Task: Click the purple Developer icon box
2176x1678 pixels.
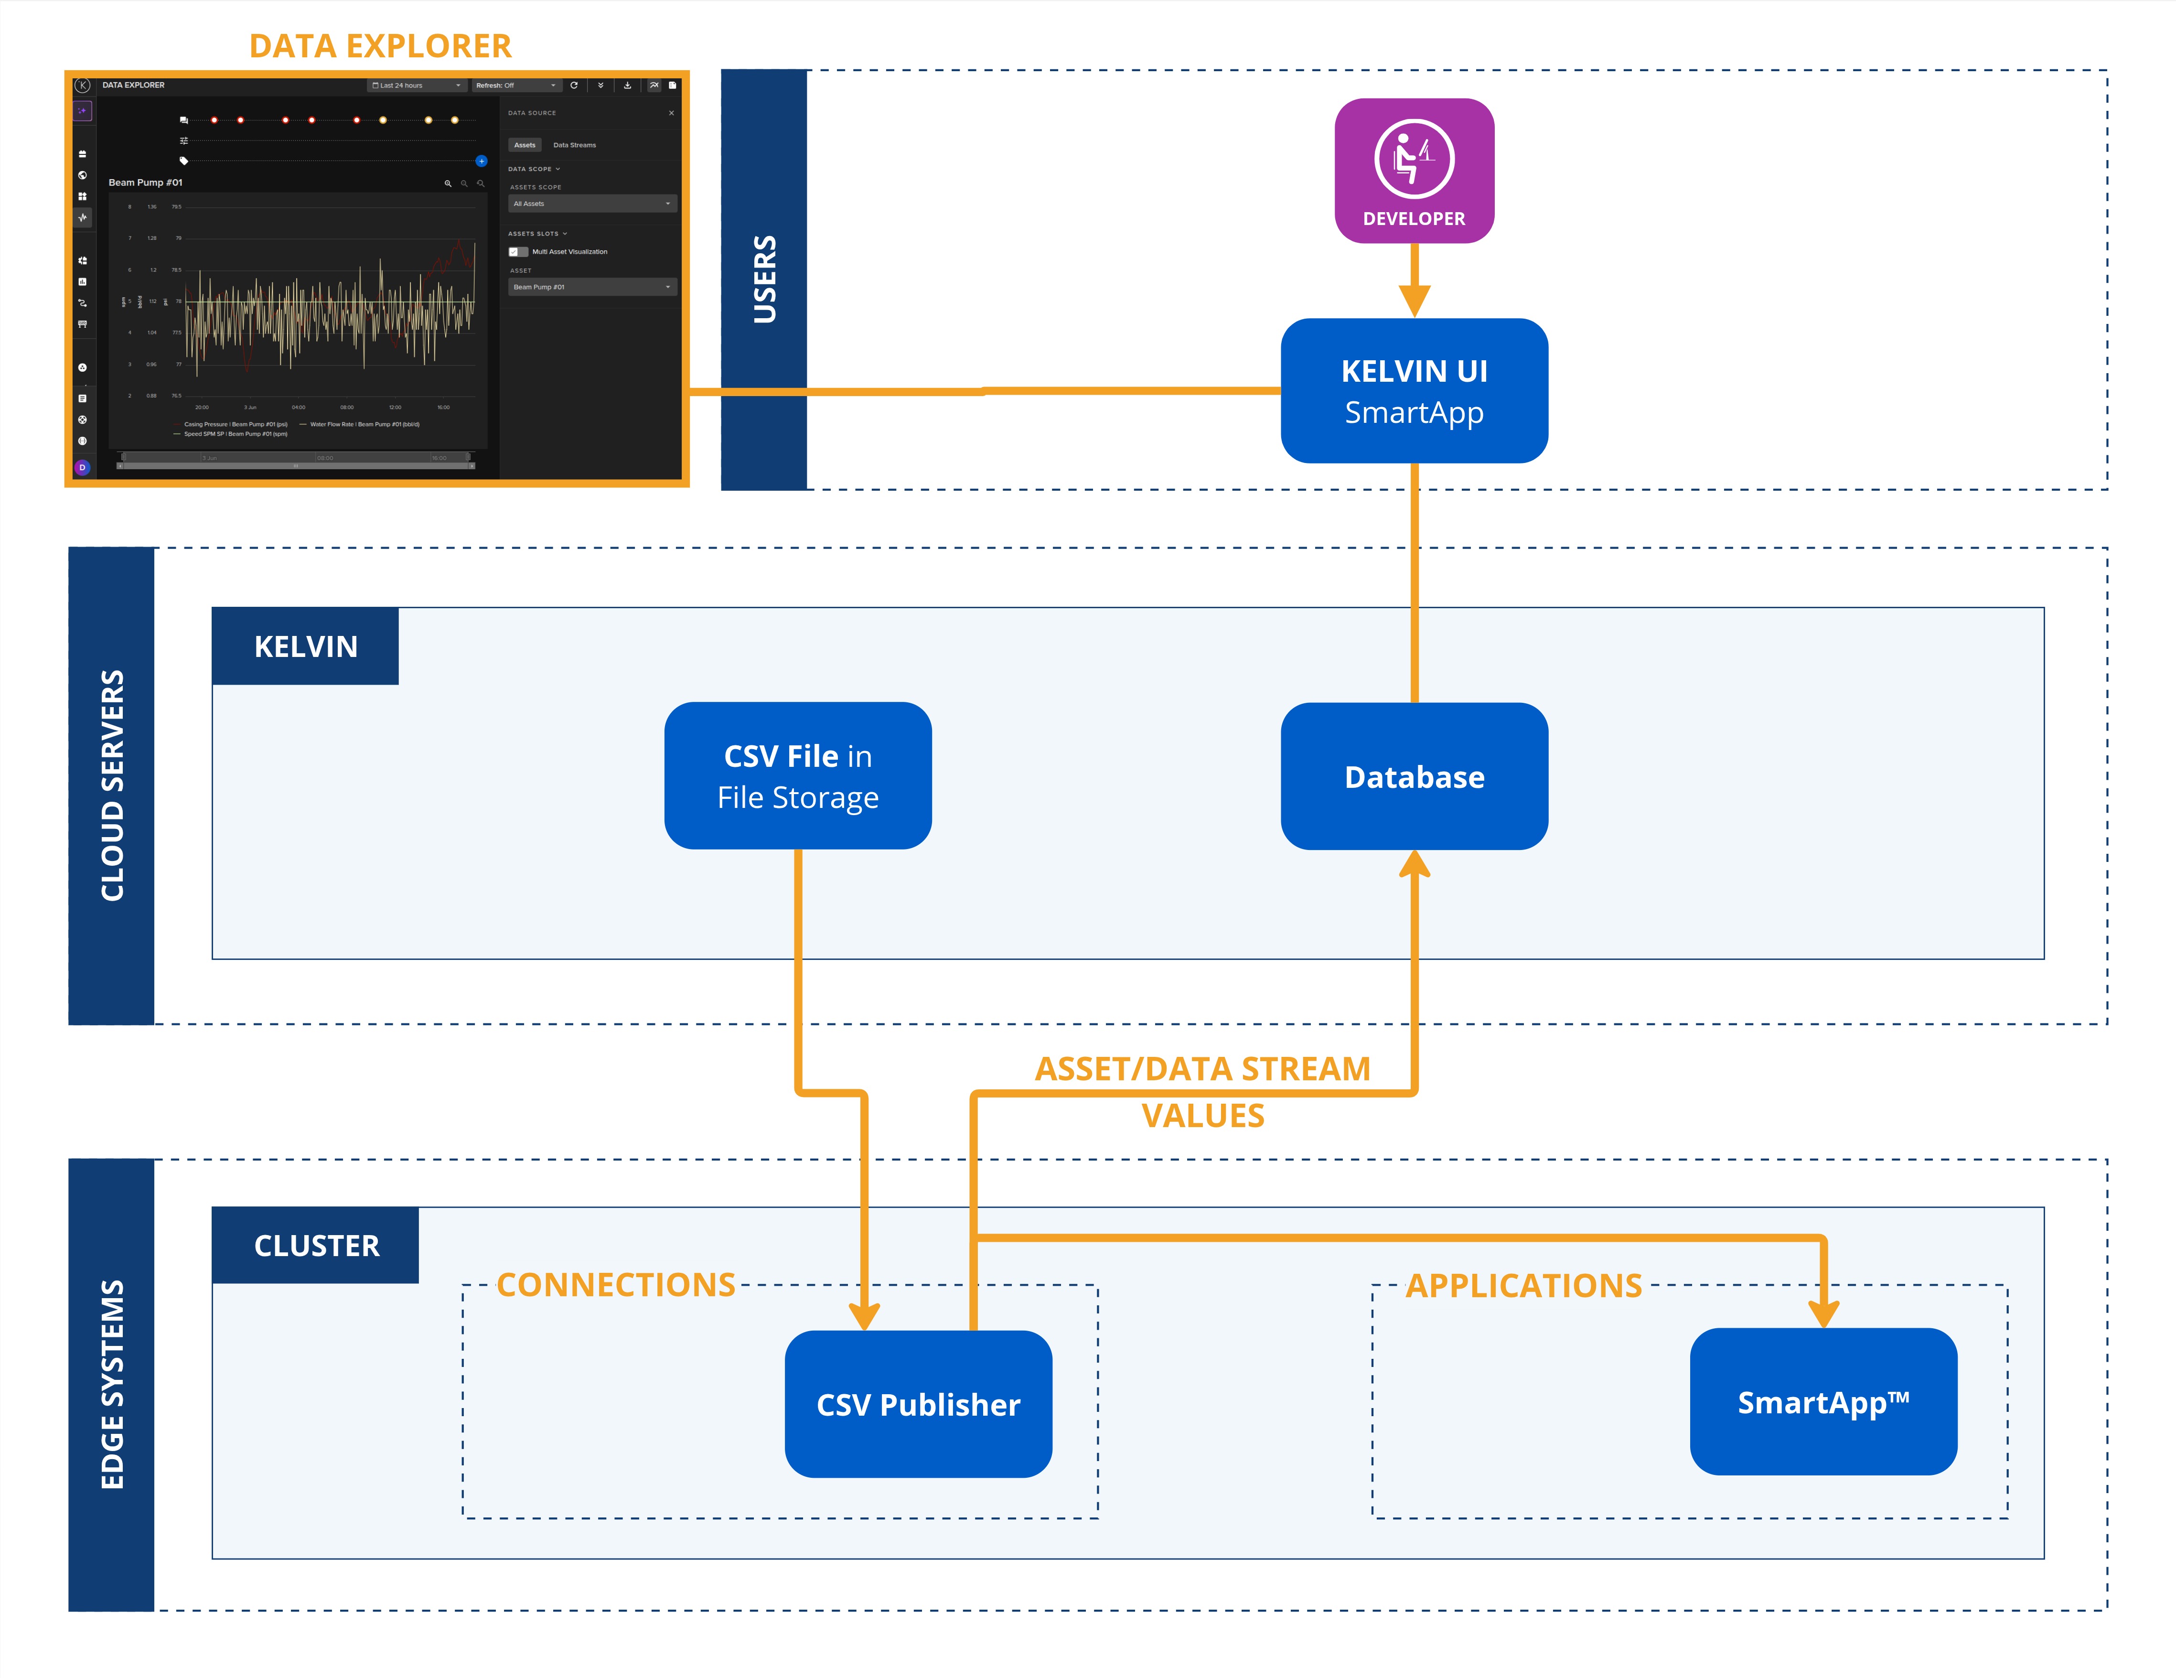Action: coord(1414,171)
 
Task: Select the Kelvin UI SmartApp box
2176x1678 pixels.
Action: coord(1414,391)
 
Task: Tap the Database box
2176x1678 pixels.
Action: coord(1414,776)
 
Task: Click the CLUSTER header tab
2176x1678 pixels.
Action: coord(316,1246)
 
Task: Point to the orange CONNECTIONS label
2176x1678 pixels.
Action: coord(616,1284)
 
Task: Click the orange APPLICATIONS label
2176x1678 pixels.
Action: coord(1523,1285)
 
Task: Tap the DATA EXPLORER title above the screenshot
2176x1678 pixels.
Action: coord(380,46)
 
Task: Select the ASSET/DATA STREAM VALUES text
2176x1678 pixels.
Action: coord(1202,1091)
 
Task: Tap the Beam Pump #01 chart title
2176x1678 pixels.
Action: coord(146,183)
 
